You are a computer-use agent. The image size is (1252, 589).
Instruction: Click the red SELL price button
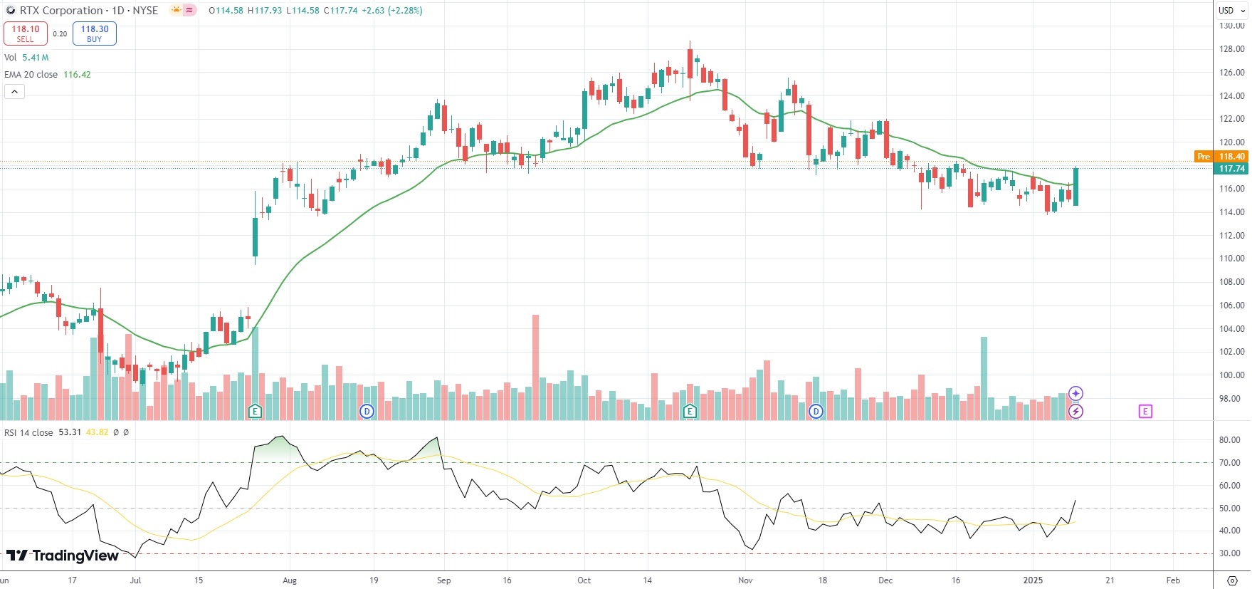26,33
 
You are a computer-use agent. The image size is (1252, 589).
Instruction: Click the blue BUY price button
94,33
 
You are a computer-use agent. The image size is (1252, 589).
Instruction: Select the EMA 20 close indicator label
31,75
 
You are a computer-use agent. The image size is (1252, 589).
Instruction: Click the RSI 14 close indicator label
29,432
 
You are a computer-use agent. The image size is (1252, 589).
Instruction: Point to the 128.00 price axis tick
1231,49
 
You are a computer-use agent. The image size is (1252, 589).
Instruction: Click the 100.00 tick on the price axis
1231,375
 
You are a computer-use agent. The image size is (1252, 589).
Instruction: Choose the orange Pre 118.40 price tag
1221,157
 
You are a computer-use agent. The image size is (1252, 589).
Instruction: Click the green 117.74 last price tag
1231,169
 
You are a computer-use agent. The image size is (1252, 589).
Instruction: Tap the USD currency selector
1226,11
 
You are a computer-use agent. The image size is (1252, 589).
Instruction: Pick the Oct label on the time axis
584,580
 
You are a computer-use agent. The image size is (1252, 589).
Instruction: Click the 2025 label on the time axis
1033,580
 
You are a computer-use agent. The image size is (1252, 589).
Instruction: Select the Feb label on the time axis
1173,580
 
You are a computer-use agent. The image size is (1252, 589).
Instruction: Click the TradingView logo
63,556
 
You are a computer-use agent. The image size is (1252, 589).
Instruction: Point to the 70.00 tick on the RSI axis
1229,463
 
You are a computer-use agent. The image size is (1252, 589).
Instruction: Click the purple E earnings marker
1145,411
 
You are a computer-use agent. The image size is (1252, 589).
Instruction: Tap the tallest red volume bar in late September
535,367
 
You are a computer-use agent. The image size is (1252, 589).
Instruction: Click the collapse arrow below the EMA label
14,92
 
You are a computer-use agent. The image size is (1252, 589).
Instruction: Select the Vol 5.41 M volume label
26,58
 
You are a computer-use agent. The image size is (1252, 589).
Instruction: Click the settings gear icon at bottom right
1233,580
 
